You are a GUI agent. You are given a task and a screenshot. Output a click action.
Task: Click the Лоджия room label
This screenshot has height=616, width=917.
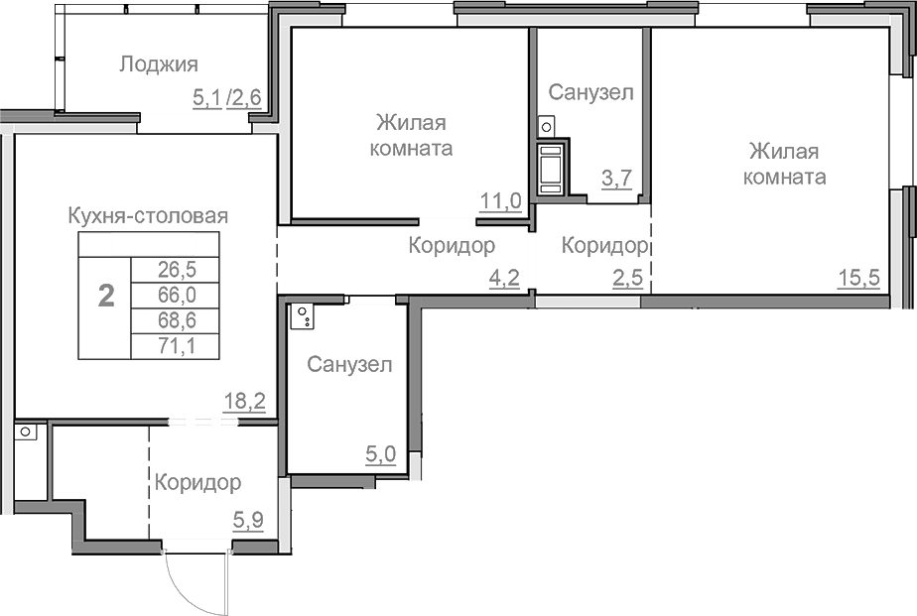(x=159, y=64)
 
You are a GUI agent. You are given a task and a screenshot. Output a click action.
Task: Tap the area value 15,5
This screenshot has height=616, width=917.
(x=858, y=278)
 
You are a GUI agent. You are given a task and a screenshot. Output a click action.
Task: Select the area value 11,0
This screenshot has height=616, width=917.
(x=500, y=201)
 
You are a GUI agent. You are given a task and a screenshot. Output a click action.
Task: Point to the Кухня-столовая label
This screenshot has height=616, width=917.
(x=149, y=215)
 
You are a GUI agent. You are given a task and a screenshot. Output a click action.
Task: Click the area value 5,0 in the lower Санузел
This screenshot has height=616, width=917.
(x=381, y=454)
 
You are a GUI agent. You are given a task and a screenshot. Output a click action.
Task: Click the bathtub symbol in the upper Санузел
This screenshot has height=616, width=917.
(x=549, y=166)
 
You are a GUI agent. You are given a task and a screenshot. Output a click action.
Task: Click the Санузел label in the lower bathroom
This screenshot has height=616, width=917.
(x=349, y=364)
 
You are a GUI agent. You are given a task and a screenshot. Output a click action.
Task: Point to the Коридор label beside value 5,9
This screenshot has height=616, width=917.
(x=197, y=483)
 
